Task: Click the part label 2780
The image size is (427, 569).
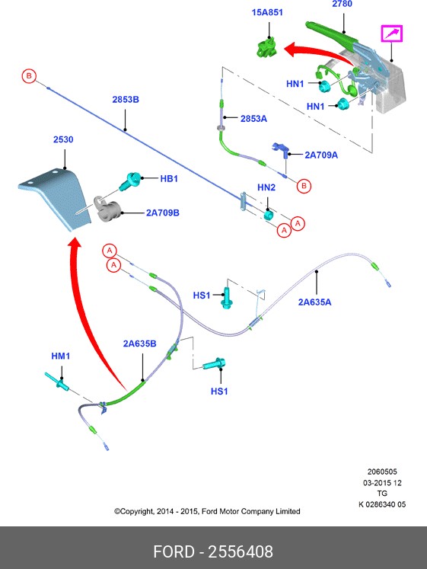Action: pyautogui.click(x=343, y=5)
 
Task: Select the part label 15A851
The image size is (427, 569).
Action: pyautogui.click(x=268, y=13)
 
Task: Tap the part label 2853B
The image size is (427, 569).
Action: pyautogui.click(x=126, y=100)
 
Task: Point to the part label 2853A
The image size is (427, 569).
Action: pyautogui.click(x=253, y=119)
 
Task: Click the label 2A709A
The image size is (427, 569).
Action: pyautogui.click(x=320, y=155)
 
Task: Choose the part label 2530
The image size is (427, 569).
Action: pyautogui.click(x=64, y=140)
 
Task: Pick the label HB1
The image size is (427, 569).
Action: pyautogui.click(x=168, y=179)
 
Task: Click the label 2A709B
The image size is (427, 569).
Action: pyautogui.click(x=162, y=213)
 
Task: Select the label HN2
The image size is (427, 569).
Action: pyautogui.click(x=266, y=187)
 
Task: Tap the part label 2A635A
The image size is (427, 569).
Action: pyautogui.click(x=314, y=302)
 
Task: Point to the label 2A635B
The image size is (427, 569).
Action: pyautogui.click(x=139, y=344)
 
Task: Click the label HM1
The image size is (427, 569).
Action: pyautogui.click(x=61, y=356)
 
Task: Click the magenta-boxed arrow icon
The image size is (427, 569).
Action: pyautogui.click(x=393, y=34)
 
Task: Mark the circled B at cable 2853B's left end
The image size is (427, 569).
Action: pyautogui.click(x=29, y=75)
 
